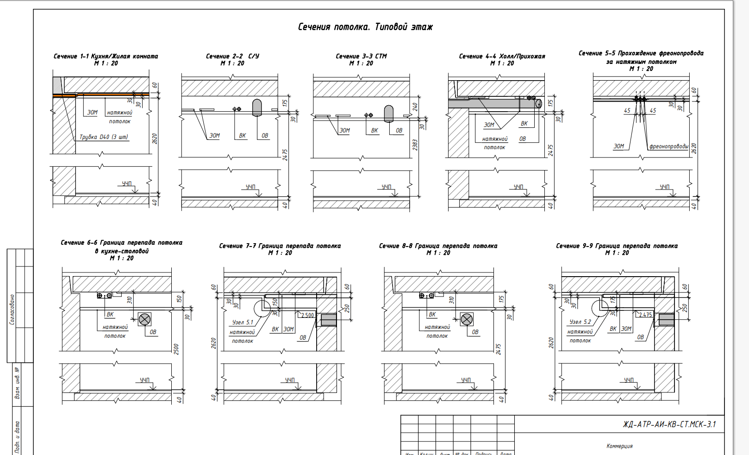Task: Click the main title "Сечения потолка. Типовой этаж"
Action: click(365, 27)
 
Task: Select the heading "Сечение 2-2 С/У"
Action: click(232, 56)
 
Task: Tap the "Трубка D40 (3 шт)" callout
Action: click(104, 137)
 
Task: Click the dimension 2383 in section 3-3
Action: click(415, 145)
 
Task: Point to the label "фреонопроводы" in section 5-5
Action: click(668, 146)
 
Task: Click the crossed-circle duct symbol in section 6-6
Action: click(144, 319)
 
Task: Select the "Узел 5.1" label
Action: click(243, 322)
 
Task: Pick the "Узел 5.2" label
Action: click(580, 322)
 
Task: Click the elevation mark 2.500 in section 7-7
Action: click(307, 315)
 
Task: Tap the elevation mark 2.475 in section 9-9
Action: click(645, 315)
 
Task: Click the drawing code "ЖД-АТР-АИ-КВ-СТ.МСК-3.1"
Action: click(669, 424)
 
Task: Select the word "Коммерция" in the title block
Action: click(619, 446)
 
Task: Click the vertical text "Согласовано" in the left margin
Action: click(12, 309)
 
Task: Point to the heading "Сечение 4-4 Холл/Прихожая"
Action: click(502, 56)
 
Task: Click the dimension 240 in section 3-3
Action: click(415, 107)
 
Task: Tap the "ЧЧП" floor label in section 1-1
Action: click(127, 184)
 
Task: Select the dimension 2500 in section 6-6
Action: click(176, 349)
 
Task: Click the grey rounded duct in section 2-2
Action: click(257, 107)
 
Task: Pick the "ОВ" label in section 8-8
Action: click(475, 332)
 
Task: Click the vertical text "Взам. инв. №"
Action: click(17, 383)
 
